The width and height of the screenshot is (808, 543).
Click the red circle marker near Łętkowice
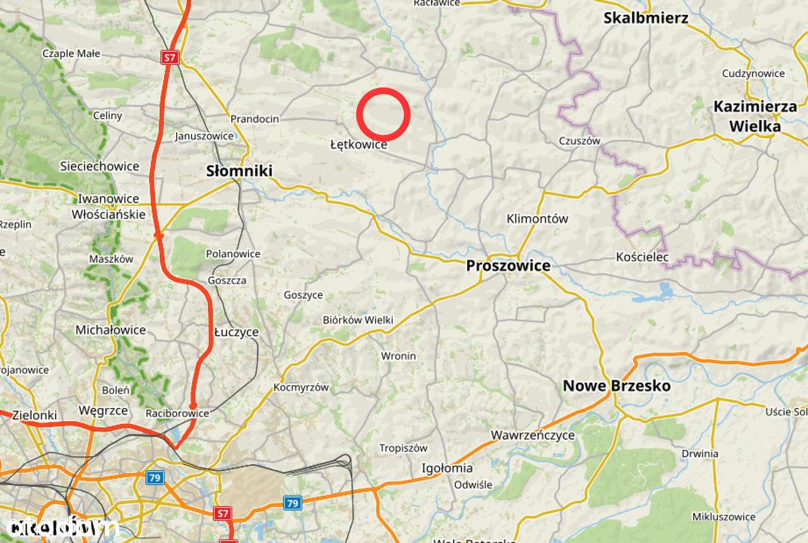tap(383, 115)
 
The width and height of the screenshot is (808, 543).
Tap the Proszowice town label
tap(508, 266)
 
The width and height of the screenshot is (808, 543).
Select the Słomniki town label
tap(239, 171)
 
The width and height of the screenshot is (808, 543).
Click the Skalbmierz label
tap(645, 18)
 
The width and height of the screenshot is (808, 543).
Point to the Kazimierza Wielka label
tap(755, 117)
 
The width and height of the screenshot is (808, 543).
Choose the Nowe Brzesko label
tap(616, 386)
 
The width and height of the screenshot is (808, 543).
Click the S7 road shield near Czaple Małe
tap(169, 58)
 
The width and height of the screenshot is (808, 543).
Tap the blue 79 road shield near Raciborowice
tap(155, 477)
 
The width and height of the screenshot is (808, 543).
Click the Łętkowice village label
tap(359, 145)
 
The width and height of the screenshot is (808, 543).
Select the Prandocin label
tap(254, 119)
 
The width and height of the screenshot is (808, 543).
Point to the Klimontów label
tap(537, 219)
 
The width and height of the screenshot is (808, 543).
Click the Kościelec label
tap(642, 257)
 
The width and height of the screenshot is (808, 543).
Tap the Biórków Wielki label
tap(358, 320)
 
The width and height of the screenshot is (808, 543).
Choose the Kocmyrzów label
tap(301, 387)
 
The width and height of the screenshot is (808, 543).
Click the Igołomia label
tap(447, 468)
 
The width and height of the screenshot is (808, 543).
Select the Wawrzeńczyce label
tap(533, 435)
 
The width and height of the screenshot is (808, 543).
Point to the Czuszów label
tap(579, 141)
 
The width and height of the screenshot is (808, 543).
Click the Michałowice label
tap(110, 330)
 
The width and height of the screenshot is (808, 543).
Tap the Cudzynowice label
tap(753, 73)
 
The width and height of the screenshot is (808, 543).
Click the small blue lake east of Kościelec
tap(664, 291)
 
